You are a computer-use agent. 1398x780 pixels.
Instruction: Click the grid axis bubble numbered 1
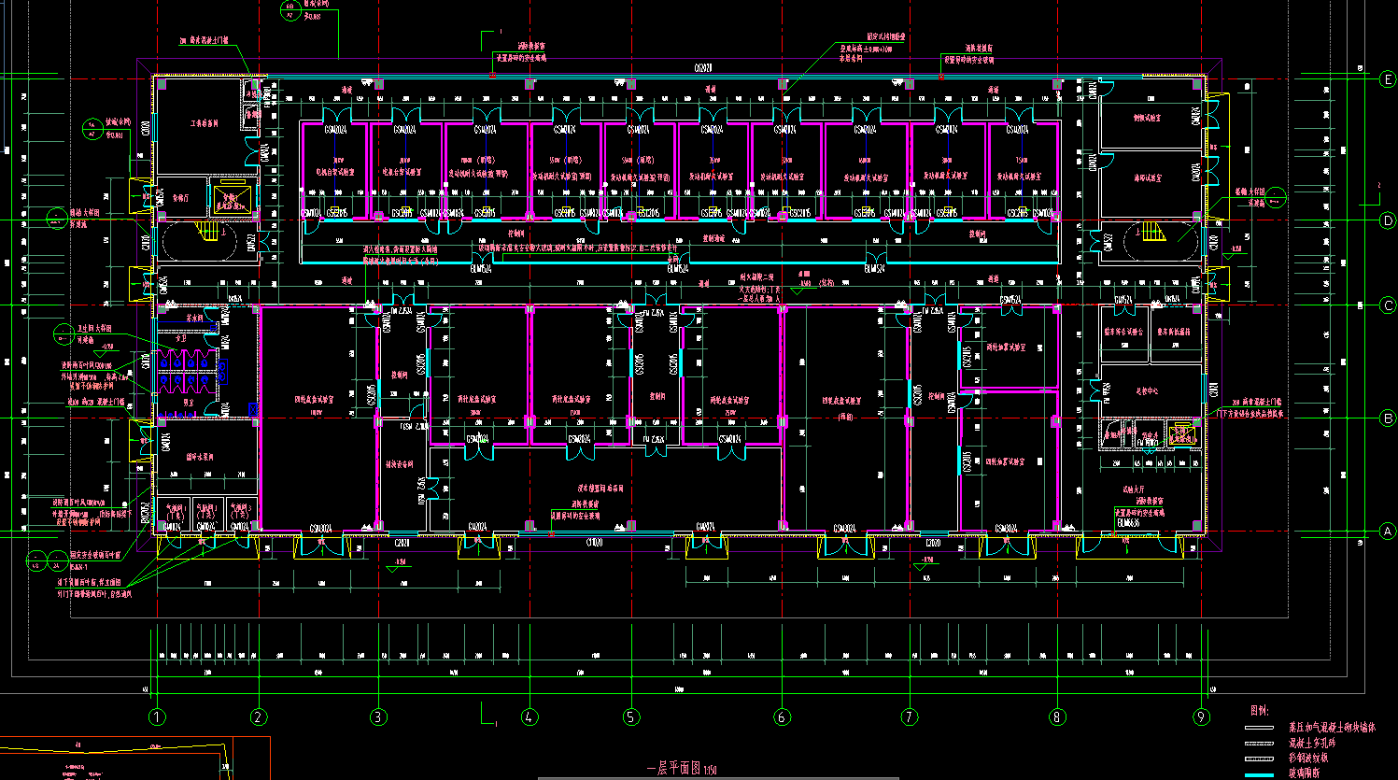tap(157, 717)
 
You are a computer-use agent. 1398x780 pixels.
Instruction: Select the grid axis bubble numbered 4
tap(530, 717)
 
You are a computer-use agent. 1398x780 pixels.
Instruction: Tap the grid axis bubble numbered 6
tap(782, 717)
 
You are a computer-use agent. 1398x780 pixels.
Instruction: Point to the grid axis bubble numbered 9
tap(1202, 717)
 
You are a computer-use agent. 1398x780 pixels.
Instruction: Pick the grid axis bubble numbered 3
tap(378, 717)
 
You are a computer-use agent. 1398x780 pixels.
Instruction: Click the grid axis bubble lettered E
tap(1388, 79)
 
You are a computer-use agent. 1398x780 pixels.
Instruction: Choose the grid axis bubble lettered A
tap(1388, 532)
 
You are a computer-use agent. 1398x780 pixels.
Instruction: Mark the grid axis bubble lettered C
tap(1388, 305)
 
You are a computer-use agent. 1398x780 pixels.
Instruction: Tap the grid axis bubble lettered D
tap(1388, 220)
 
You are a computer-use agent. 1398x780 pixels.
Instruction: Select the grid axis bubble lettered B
tap(1388, 418)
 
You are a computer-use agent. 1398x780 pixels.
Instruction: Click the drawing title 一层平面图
tap(674, 769)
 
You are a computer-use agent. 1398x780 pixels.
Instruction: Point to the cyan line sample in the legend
tap(1259, 774)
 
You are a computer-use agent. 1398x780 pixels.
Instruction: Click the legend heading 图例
tap(1260, 710)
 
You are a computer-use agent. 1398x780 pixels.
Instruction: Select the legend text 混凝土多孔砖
tap(1312, 743)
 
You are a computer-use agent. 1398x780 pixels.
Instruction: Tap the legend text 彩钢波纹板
tap(1308, 758)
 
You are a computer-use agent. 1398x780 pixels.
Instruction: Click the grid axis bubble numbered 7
tap(910, 717)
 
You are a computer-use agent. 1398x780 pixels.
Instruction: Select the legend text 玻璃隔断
tap(1305, 773)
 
